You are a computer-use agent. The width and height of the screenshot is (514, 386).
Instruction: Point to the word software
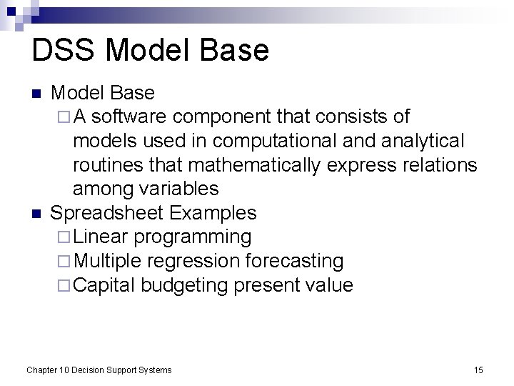pyautogui.click(x=131, y=117)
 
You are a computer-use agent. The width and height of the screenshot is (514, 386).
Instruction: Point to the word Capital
pyautogui.click(x=104, y=285)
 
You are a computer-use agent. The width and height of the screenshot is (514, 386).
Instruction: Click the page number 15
pyautogui.click(x=478, y=370)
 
